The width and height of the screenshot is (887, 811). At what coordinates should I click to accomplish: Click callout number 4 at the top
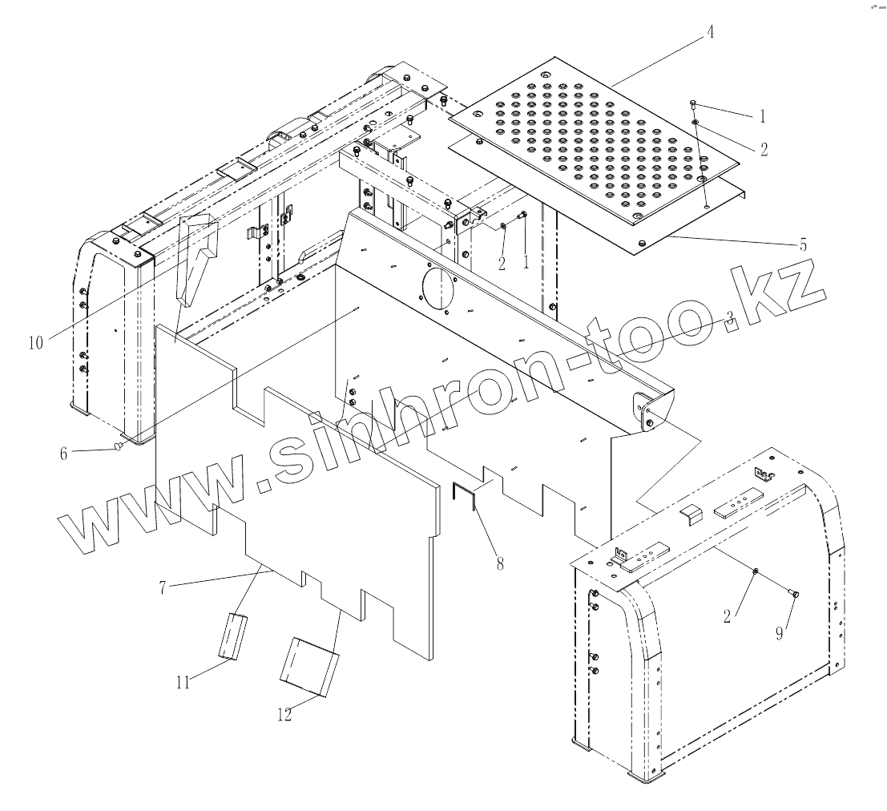[709, 33]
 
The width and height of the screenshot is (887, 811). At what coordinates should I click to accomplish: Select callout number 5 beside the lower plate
[804, 244]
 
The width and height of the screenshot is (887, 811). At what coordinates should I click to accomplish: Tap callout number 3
[729, 317]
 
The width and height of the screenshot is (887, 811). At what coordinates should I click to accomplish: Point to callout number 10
[35, 342]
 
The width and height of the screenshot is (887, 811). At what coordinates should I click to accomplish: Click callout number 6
[62, 453]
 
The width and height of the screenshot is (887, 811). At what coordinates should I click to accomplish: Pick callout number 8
[499, 563]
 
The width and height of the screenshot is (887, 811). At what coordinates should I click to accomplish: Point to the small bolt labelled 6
[120, 446]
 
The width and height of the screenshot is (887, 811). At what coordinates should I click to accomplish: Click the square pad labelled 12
[309, 668]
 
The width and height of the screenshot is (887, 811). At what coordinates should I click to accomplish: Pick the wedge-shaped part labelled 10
[197, 260]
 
